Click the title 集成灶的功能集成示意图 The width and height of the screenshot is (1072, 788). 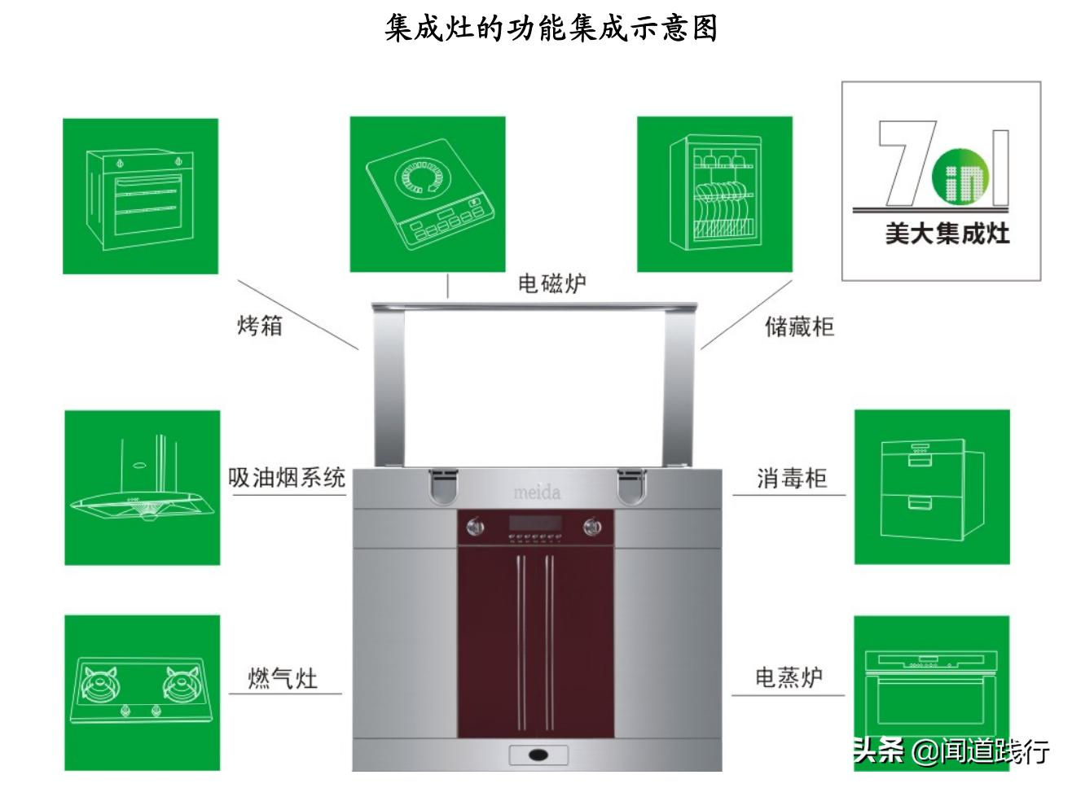(551, 28)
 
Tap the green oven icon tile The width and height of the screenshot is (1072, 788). (141, 196)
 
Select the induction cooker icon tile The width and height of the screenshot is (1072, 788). (428, 194)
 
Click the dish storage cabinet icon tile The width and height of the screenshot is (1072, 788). (714, 194)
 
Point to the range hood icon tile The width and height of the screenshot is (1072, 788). (143, 488)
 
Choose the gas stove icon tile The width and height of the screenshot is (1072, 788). (143, 693)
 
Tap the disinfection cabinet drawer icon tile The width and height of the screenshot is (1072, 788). (932, 487)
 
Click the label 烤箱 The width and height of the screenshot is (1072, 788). (260, 326)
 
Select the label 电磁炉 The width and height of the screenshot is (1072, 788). (551, 283)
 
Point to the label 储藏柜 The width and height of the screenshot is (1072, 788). (799, 326)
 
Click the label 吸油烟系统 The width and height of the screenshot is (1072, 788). (287, 477)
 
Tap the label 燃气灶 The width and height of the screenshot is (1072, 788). (283, 678)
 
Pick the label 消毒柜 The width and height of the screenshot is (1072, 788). (792, 478)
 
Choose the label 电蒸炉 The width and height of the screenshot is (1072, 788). (789, 677)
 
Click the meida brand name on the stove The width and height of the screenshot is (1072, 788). (537, 492)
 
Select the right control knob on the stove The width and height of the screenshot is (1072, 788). (592, 528)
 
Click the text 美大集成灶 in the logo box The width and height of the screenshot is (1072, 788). (947, 234)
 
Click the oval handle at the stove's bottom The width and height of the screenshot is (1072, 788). (538, 755)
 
